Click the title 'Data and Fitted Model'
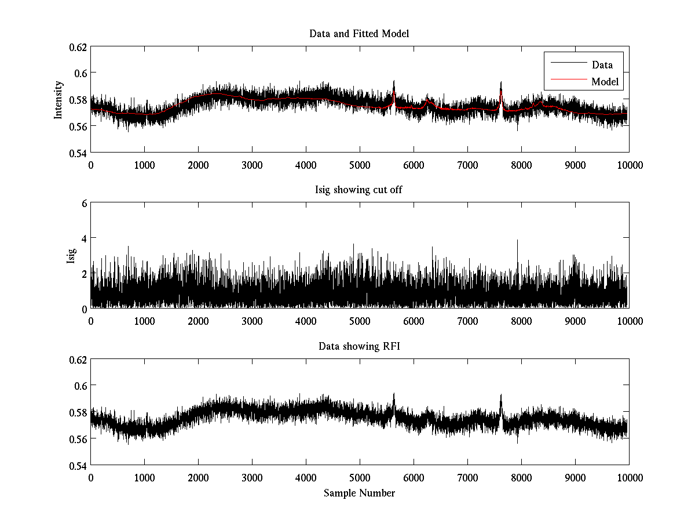pyautogui.click(x=359, y=34)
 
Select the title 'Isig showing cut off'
pyautogui.click(x=359, y=190)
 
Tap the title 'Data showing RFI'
pyautogui.click(x=359, y=346)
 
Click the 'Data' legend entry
pyautogui.click(x=602, y=65)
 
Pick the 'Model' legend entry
pyautogui.click(x=605, y=82)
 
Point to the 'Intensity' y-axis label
pyautogui.click(x=58, y=99)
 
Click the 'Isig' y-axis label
pyautogui.click(x=71, y=255)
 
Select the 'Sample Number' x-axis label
pyautogui.click(x=359, y=493)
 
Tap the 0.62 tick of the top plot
pyautogui.click(x=79, y=46)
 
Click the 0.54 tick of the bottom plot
pyautogui.click(x=79, y=466)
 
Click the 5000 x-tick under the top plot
pyautogui.click(x=360, y=165)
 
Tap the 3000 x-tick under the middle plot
pyautogui.click(x=252, y=321)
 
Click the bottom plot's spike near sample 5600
pyautogui.click(x=394, y=394)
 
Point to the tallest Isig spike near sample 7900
pyautogui.click(x=517, y=241)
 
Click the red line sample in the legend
pyautogui.click(x=568, y=82)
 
